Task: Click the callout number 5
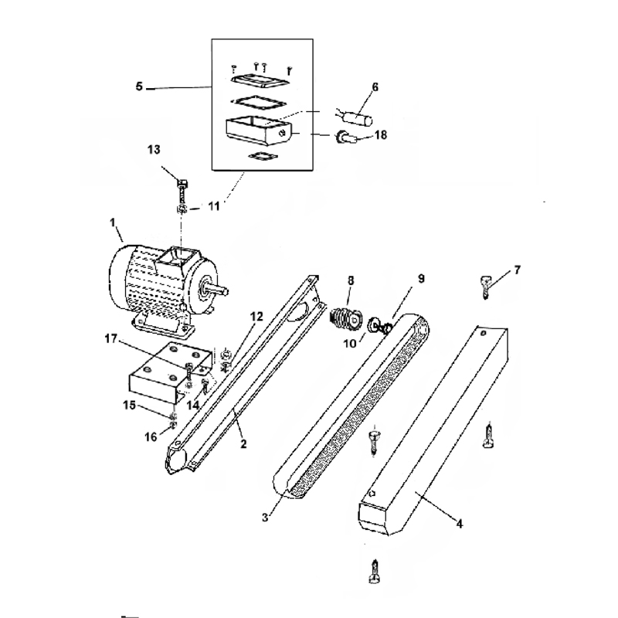point(139,87)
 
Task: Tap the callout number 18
point(381,135)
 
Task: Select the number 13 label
point(154,150)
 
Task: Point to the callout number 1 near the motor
point(113,222)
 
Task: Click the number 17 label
point(111,338)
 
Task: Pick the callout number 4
point(460,524)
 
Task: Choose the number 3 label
point(265,517)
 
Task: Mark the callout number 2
point(243,443)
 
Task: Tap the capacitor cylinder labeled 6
point(358,118)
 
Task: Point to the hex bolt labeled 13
point(182,192)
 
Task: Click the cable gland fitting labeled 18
point(345,138)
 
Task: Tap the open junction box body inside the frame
point(259,132)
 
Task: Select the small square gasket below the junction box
point(263,157)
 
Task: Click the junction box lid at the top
point(260,82)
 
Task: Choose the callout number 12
point(256,317)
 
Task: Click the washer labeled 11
point(182,209)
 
